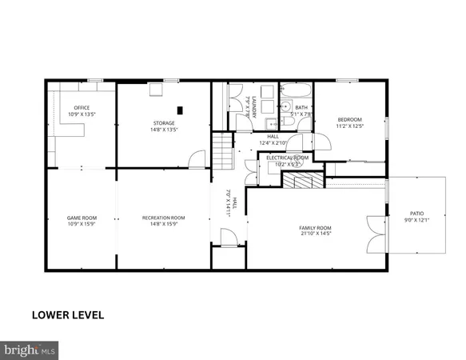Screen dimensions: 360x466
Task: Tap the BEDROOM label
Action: [x=349, y=122]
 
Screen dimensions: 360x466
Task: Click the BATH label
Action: [x=301, y=108]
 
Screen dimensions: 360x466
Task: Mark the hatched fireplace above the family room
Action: [x=303, y=182]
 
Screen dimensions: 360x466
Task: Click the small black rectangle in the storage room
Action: [x=180, y=110]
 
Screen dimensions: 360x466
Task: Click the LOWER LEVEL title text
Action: [x=68, y=314]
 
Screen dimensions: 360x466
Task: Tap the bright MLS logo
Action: [x=30, y=350]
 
